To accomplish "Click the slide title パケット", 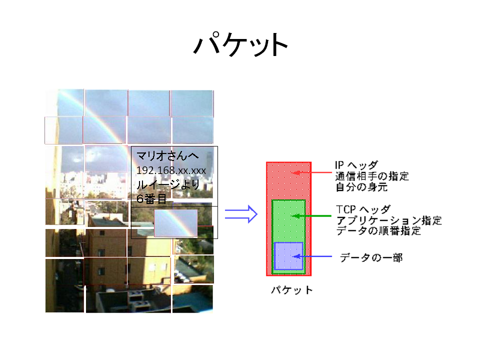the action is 240,44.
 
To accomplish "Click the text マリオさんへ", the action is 167,156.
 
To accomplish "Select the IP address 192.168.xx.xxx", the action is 171,170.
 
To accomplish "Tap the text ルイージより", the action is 168,184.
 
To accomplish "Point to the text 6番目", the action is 151,199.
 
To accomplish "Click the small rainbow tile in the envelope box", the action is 175,223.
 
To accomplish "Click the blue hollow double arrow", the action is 241,214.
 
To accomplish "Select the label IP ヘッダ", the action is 356,165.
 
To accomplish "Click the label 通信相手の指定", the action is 372,176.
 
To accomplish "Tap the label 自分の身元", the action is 361,186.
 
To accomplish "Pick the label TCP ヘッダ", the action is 363,209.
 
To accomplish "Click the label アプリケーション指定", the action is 389,220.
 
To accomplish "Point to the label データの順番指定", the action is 378,230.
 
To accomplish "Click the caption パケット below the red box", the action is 291,290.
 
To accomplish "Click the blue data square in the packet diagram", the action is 288,256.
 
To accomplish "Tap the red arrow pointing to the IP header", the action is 311,172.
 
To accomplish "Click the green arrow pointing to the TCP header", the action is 311,216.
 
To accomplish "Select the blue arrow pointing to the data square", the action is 312,256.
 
